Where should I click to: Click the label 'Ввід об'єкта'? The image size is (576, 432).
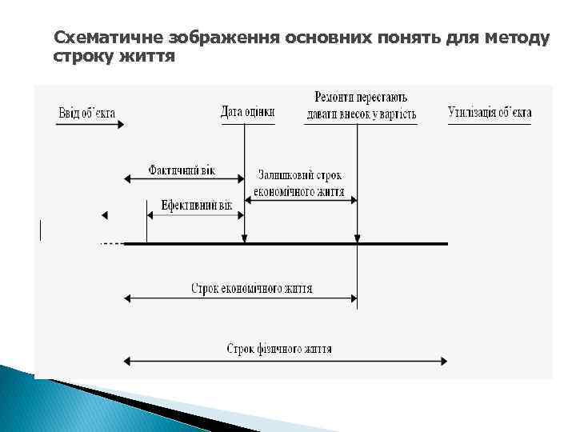[86, 113]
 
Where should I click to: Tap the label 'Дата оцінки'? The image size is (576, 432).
[247, 113]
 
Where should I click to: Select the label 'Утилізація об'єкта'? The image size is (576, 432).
[490, 113]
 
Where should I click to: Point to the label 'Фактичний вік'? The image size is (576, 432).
[182, 170]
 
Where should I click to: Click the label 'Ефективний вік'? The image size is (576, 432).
[196, 206]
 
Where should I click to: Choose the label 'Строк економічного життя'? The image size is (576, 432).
[251, 288]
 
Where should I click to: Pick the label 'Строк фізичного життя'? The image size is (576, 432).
[279, 350]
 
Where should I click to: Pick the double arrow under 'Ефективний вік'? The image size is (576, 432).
[195, 199]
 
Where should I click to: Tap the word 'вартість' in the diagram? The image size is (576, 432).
[397, 114]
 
